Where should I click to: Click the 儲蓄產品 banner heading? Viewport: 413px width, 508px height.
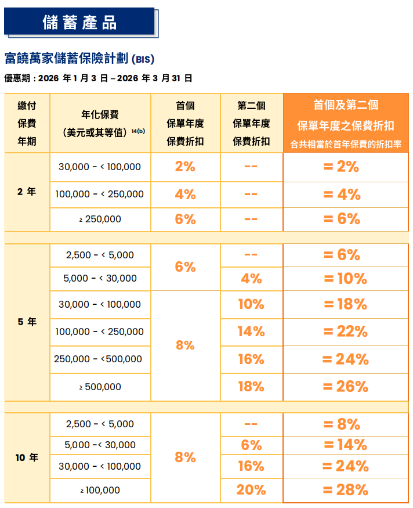point(79,22)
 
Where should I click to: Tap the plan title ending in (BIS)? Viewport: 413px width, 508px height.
point(79,59)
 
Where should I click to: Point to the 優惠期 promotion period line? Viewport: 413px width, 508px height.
point(98,78)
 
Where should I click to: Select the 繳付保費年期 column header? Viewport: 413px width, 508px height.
point(27,123)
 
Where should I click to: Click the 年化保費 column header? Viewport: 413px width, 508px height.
point(100,123)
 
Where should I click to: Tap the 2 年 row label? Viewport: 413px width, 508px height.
point(27,192)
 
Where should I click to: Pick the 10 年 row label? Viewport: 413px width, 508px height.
point(27,457)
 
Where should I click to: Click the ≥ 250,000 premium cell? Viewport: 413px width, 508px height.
point(100,219)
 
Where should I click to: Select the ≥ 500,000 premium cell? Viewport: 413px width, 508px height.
point(100,387)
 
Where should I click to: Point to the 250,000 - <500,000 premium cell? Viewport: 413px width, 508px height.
point(99,359)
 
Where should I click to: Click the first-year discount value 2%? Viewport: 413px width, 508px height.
point(185,167)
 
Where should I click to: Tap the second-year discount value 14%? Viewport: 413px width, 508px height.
point(251,332)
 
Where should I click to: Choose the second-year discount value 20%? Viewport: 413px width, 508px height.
point(251,490)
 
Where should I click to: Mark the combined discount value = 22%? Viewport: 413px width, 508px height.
point(345,332)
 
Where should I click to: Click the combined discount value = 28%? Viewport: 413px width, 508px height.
point(345,490)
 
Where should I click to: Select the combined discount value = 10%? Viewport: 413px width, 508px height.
point(345,279)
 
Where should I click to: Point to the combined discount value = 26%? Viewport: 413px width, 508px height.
point(345,387)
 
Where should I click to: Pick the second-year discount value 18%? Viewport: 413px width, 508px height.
point(251,387)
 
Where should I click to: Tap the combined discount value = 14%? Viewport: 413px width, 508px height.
point(345,445)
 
